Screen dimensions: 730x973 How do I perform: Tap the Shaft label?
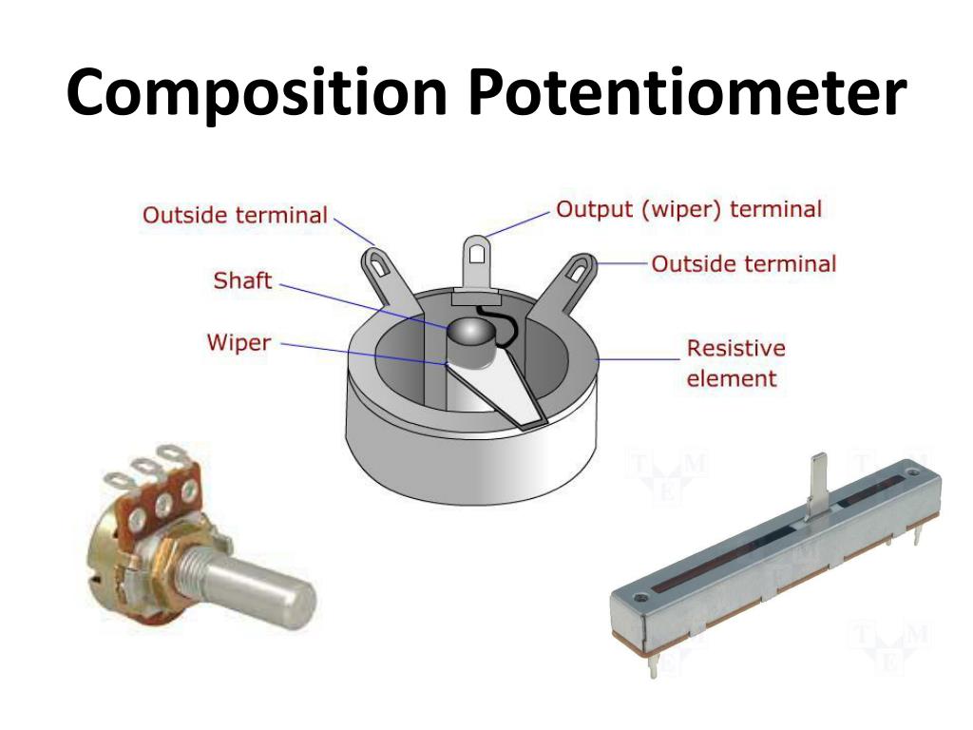[242, 281]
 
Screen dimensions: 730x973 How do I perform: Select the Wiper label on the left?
[238, 342]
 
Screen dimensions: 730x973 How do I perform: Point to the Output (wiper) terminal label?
[689, 209]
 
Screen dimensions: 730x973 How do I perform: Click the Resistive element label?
[735, 363]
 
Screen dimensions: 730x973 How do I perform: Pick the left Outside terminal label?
[235, 216]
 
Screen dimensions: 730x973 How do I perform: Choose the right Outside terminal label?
[744, 263]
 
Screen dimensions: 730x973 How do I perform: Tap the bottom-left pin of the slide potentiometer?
[655, 666]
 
